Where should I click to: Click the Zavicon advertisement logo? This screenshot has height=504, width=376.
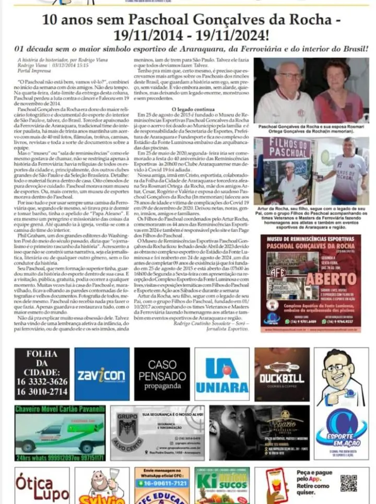coord(102,374)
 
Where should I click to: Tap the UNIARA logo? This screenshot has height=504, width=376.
coord(222,374)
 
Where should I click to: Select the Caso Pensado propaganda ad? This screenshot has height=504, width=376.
coord(162,374)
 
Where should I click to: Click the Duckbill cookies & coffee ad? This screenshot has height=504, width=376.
coord(282,374)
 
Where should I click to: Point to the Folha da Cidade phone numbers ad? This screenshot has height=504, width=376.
coord(42,374)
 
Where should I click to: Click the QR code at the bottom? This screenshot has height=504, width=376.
coord(348,483)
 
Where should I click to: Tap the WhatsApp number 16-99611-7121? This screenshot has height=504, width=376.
coord(162,483)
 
